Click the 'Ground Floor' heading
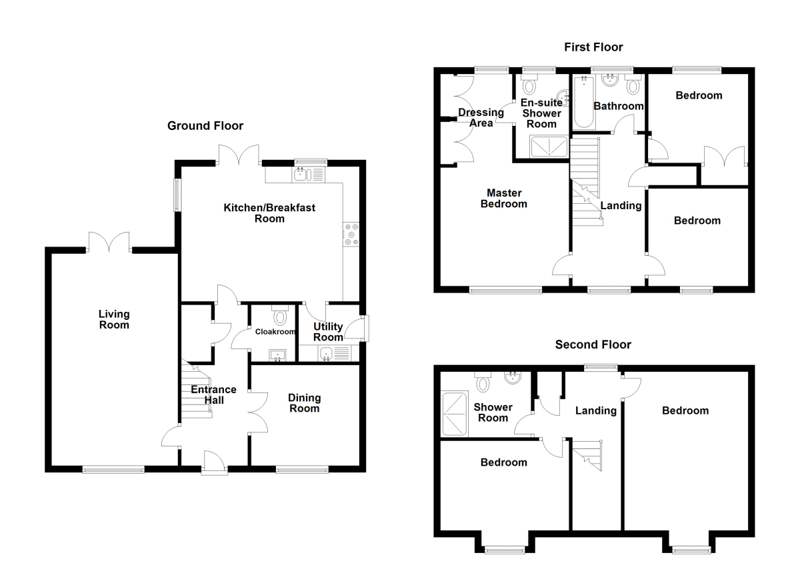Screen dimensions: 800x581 [205, 126]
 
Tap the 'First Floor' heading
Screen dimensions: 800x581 [593, 47]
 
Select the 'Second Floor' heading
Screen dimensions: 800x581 [593, 344]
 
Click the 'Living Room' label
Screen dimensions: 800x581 [113, 319]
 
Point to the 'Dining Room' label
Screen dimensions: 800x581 [304, 402]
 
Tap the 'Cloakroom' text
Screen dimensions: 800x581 [275, 331]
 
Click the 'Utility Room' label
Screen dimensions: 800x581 [328, 332]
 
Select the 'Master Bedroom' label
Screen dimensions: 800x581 [503, 198]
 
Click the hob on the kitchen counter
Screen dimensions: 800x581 [351, 235]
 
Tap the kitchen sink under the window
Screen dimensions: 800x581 [301, 175]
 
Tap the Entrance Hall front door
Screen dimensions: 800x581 [215, 462]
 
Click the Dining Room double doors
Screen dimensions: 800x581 [257, 411]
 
